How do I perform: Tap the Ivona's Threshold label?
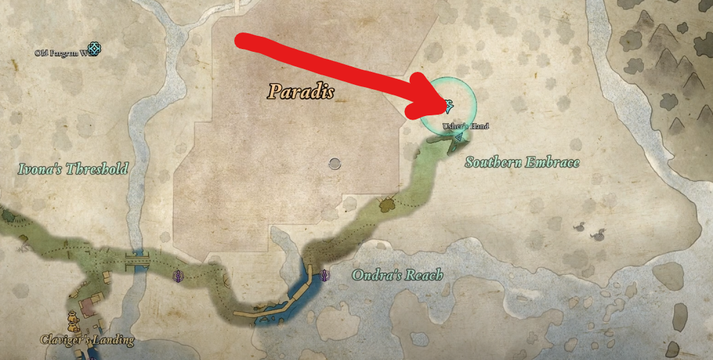click(73, 169)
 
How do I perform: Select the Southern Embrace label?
click(522, 163)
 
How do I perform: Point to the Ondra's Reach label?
click(397, 276)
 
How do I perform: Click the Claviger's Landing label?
click(87, 340)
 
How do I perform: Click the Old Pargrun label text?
click(59, 53)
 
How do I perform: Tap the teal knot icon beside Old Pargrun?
click(93, 50)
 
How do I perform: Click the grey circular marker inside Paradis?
click(335, 163)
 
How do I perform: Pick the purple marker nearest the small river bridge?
click(178, 276)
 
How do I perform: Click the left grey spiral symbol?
click(581, 227)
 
